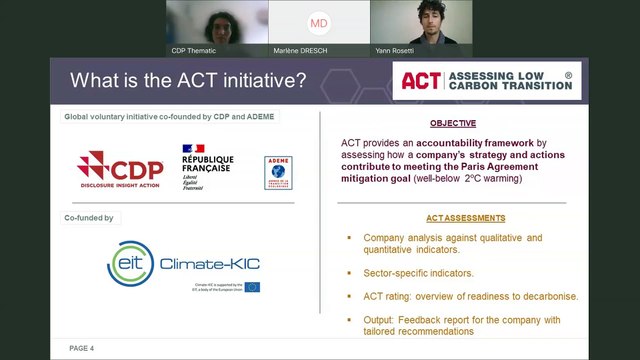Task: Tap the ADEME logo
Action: (278, 172)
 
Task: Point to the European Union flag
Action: (252, 288)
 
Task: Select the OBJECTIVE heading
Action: (453, 123)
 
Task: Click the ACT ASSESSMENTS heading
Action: (454, 218)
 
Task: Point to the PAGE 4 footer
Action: (82, 348)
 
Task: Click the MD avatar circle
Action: (319, 22)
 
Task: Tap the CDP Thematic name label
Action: (194, 50)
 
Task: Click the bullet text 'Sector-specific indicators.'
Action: (418, 272)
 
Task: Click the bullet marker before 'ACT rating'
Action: (349, 296)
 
